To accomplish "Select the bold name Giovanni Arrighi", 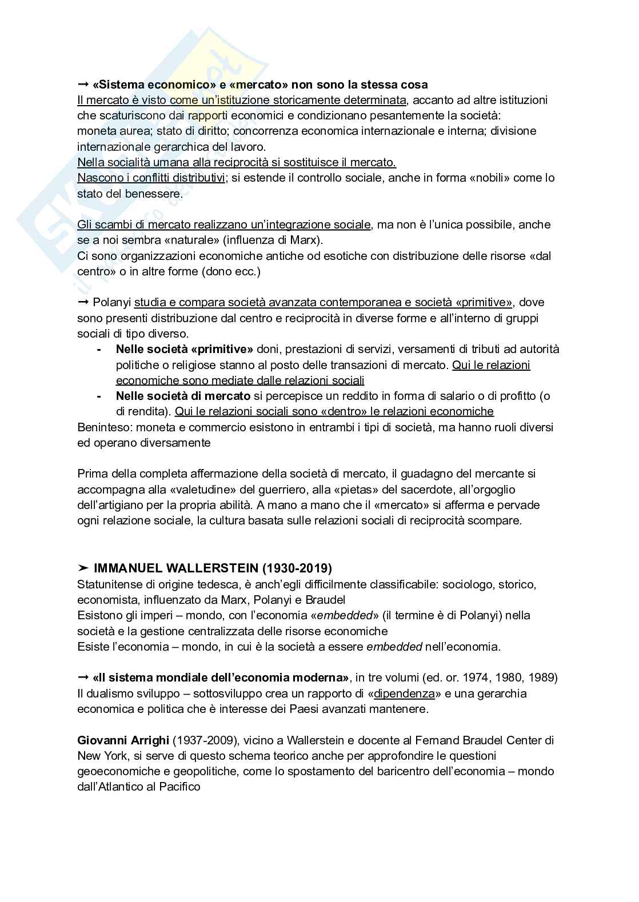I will point(123,740).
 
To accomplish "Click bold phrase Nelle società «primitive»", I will point(185,349).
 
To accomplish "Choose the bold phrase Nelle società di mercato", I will point(183,396).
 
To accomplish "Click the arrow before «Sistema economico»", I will point(83,85).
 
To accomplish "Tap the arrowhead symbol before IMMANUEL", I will point(83,568).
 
